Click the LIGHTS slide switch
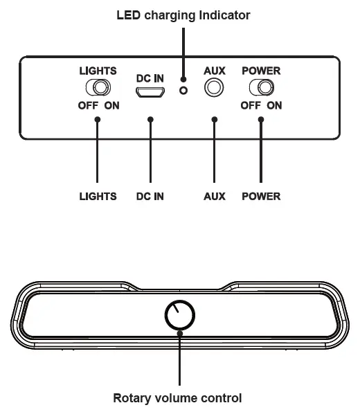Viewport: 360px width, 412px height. [98, 88]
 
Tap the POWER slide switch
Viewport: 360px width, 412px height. [261, 88]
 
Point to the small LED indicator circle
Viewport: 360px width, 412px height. [183, 91]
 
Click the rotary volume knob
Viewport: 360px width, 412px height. [180, 316]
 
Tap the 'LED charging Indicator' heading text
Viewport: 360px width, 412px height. [183, 15]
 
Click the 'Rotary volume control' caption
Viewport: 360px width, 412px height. [178, 398]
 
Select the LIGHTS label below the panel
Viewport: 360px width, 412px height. [98, 196]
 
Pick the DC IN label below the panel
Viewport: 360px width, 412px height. [150, 196]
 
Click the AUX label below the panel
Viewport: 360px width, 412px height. [215, 196]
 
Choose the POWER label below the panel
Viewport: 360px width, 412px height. [261, 196]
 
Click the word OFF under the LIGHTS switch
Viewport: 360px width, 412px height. [87, 106]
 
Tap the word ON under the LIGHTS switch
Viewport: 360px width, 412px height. [111, 106]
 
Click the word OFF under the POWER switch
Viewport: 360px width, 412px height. [250, 106]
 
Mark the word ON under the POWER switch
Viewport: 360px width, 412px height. [274, 106]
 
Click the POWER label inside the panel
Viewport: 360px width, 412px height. [261, 71]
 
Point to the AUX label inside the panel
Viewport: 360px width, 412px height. [215, 71]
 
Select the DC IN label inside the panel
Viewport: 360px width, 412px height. [150, 78]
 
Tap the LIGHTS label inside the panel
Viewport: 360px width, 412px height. [98, 71]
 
